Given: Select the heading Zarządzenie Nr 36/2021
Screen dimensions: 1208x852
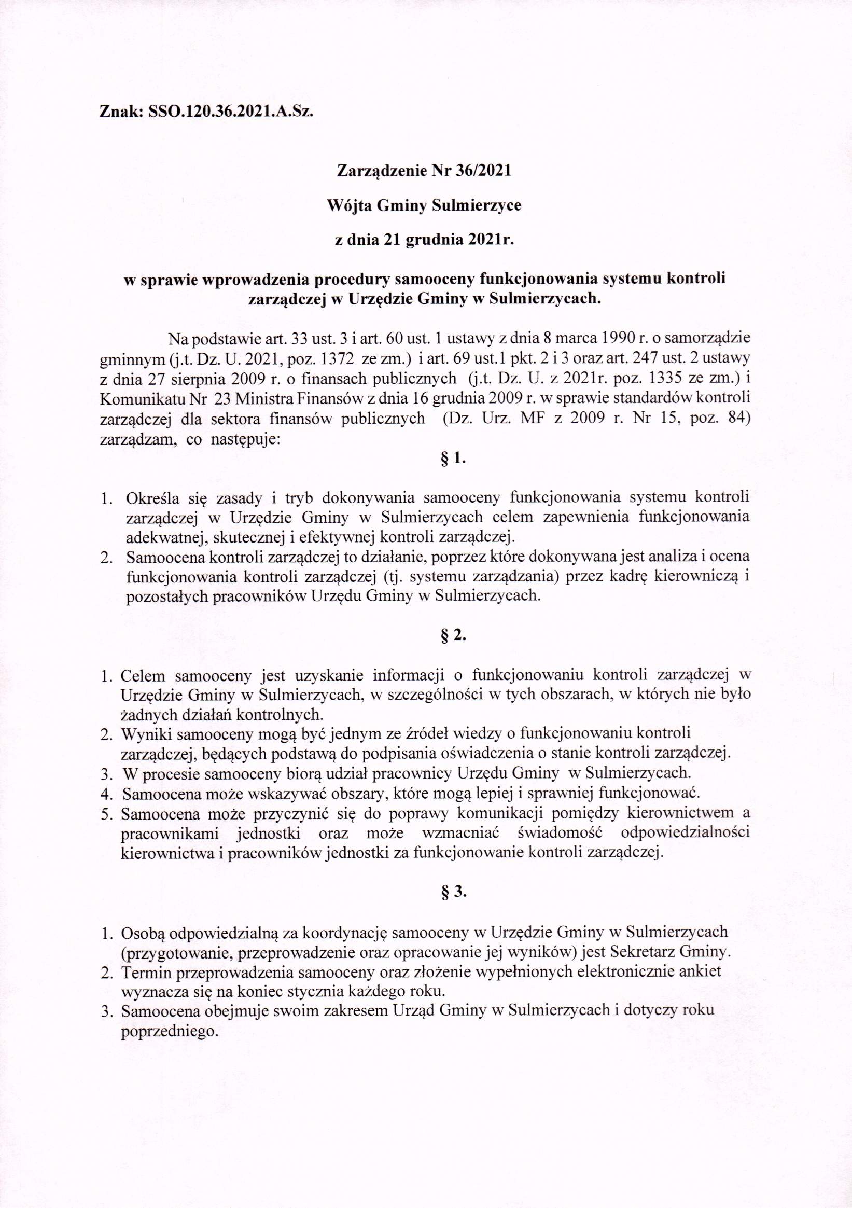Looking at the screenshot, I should (x=423, y=171).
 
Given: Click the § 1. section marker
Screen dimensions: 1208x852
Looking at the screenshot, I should (x=453, y=459).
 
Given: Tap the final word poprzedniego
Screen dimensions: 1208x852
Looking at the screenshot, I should (x=170, y=1032).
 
